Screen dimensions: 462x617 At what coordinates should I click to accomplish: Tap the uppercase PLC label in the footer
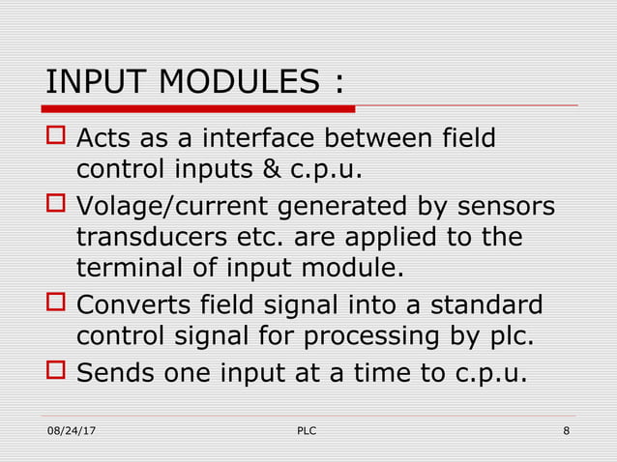tap(306, 429)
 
